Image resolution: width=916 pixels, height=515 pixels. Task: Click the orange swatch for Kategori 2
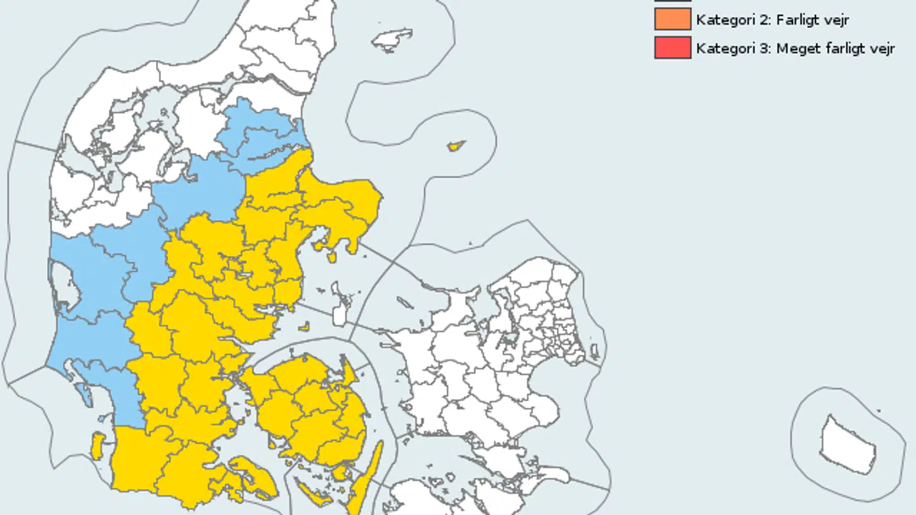pyautogui.click(x=672, y=20)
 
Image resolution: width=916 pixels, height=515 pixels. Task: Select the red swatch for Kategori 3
pyautogui.click(x=672, y=48)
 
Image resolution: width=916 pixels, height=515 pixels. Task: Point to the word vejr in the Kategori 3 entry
pyautogui.click(x=881, y=49)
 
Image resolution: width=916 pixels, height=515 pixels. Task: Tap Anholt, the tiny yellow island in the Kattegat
pyautogui.click(x=455, y=146)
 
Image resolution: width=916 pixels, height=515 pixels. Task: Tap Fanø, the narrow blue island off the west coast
pyautogui.click(x=85, y=395)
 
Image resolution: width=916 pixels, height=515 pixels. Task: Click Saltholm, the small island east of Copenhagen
pyautogui.click(x=594, y=351)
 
